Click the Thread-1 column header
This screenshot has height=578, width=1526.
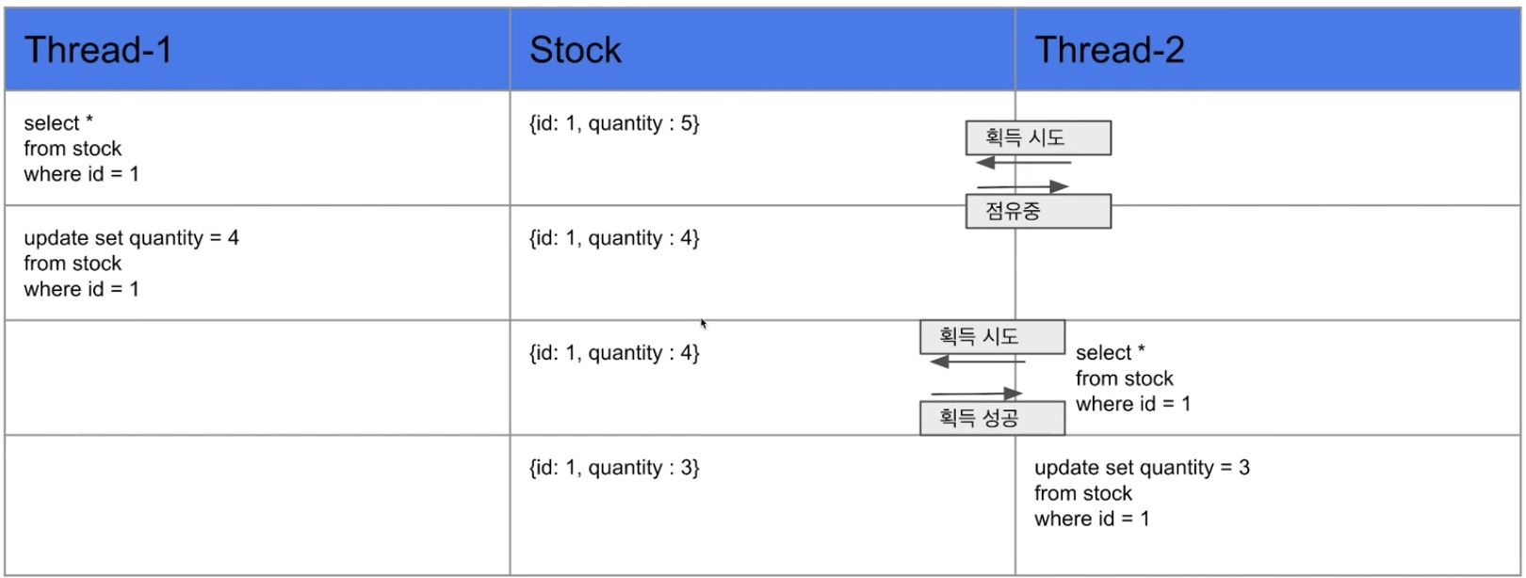tap(98, 50)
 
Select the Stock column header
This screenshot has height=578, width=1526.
tap(575, 50)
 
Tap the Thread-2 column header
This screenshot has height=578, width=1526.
tap(1109, 50)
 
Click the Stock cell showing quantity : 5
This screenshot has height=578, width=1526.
tap(614, 123)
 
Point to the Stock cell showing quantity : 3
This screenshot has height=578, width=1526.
tap(614, 468)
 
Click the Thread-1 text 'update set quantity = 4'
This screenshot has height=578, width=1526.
tap(131, 238)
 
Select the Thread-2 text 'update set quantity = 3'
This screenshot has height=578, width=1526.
tap(1142, 468)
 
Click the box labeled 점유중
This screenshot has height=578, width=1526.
tap(1038, 211)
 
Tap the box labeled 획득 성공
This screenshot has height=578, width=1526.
tap(992, 418)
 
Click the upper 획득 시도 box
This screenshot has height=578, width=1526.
tap(1038, 137)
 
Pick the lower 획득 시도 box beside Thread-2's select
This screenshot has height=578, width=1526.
tap(992, 336)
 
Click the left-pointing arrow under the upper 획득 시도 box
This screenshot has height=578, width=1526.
tap(1023, 163)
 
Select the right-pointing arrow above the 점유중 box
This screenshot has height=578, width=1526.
tap(1023, 186)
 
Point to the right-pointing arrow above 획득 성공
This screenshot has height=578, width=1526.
tap(977, 393)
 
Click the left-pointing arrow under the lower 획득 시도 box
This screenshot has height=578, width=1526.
tap(977, 361)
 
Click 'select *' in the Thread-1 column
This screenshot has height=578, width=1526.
tap(58, 123)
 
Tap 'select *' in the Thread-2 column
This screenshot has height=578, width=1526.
tap(1110, 353)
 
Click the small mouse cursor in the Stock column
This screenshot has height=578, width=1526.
tap(704, 324)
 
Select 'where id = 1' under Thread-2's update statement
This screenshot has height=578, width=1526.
tap(1091, 519)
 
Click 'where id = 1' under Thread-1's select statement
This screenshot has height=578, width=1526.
tap(81, 174)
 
